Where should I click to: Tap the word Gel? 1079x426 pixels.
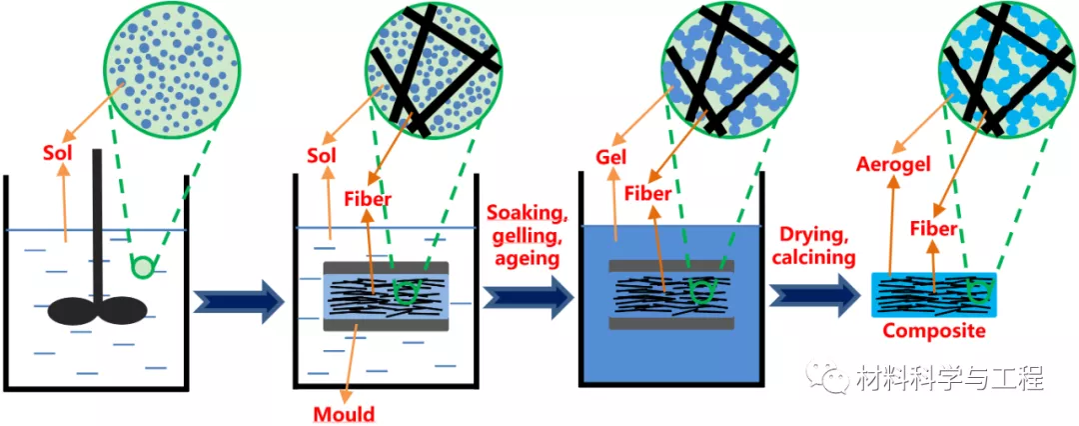coord(611,158)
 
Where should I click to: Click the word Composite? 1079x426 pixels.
coord(935,331)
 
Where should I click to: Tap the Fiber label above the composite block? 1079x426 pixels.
coord(933,229)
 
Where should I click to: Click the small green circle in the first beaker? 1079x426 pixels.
coord(144,267)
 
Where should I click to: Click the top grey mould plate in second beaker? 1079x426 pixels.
coord(387,268)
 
